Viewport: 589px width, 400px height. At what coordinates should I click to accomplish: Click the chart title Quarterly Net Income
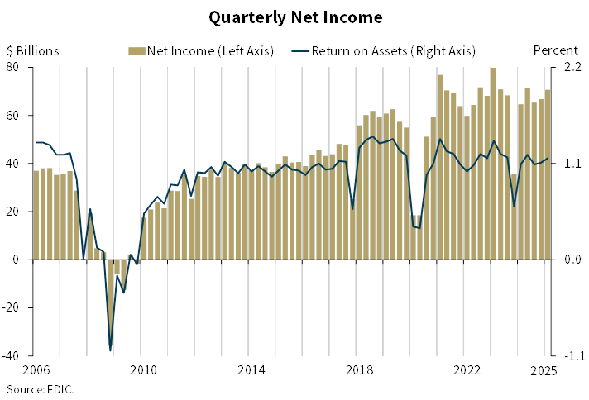coord(295,17)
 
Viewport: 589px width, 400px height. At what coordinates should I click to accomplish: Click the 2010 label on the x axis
coord(143,369)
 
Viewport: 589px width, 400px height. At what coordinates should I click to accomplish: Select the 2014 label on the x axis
coord(251,369)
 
